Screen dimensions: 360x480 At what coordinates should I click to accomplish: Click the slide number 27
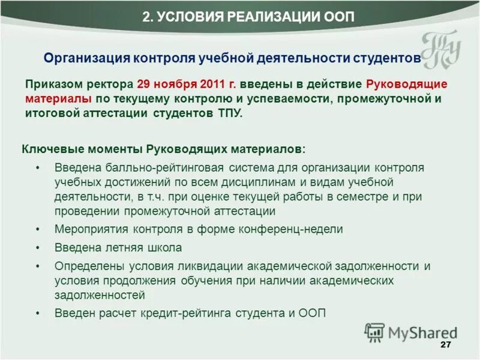(x=445, y=345)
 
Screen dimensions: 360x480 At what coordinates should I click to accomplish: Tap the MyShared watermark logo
(x=410, y=332)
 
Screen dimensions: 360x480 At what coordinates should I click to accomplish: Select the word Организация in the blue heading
(x=87, y=58)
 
